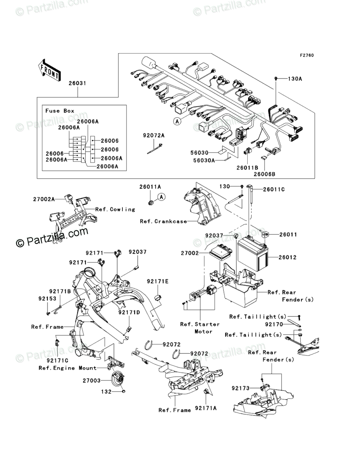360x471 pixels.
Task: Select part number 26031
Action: [x=77, y=83]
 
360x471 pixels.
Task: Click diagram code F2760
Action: [x=306, y=56]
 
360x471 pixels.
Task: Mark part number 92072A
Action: [x=153, y=136]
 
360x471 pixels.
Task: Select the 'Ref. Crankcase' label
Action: [x=163, y=221]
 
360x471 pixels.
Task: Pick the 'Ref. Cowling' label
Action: [x=115, y=209]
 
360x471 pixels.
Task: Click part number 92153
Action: [x=47, y=299]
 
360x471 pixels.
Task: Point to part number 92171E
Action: [x=157, y=281]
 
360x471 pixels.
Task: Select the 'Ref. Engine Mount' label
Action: [x=67, y=368]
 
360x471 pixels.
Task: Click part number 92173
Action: [x=242, y=388]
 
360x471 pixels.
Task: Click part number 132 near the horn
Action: [x=106, y=391]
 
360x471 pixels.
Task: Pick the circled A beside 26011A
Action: [x=161, y=197]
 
